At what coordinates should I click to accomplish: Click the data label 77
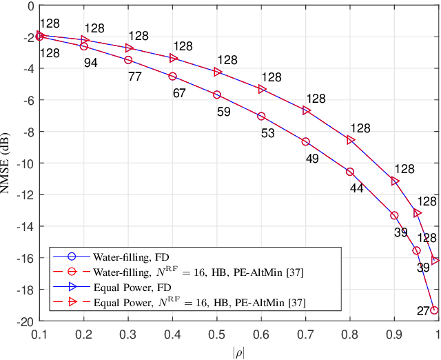click(x=135, y=77)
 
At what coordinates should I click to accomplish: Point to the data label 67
click(x=179, y=93)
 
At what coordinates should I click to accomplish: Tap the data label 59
click(x=224, y=110)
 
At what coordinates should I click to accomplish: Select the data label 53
click(x=268, y=132)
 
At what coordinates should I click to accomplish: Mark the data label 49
click(x=311, y=158)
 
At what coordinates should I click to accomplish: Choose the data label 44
click(x=356, y=188)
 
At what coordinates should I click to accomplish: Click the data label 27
click(x=422, y=311)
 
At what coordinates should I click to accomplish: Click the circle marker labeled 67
click(x=172, y=77)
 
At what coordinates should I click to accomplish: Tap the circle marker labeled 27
click(x=434, y=310)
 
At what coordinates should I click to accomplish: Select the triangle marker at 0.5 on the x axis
click(x=217, y=72)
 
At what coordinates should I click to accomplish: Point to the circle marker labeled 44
click(x=350, y=172)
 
